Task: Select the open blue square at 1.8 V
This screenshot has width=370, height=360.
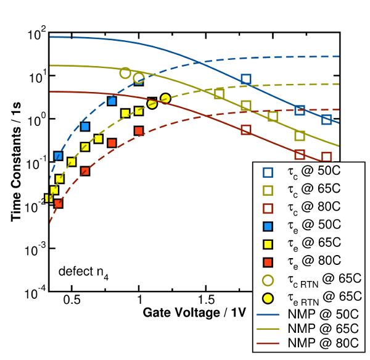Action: (246, 79)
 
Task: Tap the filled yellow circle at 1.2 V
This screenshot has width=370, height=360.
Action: (165, 98)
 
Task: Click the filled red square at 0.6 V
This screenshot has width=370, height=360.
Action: (85, 171)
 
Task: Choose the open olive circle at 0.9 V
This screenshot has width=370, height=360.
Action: (125, 73)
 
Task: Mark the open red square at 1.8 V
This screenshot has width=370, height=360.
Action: (246, 130)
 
